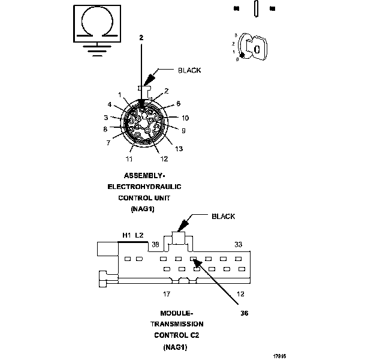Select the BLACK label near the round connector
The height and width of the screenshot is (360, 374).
pos(189,70)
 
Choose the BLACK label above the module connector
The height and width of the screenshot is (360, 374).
pos(223,217)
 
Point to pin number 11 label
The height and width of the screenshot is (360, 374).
pos(129,159)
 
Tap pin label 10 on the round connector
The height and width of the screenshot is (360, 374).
pos(185,118)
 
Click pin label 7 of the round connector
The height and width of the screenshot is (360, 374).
pos(108,143)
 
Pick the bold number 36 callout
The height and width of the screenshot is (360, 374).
pos(244,313)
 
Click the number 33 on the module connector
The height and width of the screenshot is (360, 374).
pos(238,244)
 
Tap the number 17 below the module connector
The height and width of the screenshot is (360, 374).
pos(167,294)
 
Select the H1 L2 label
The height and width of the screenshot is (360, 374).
pos(132,236)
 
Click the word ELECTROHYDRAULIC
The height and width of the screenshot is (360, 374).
pos(144,187)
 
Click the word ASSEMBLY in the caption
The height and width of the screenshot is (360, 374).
pos(144,176)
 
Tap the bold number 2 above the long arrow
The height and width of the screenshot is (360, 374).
pos(141,38)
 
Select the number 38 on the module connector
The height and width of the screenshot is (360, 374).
pos(155,244)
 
